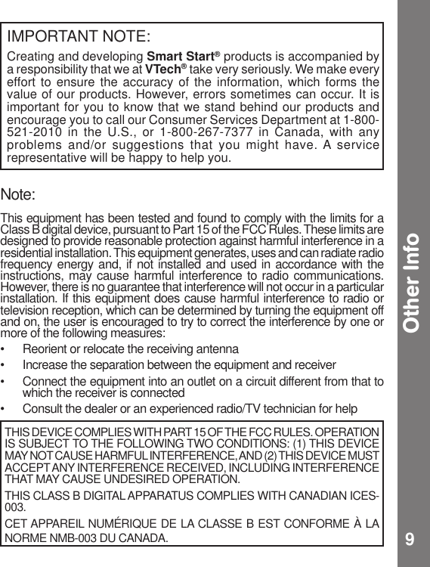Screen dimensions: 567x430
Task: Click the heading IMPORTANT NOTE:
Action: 79,36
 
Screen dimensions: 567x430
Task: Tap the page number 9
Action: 409,539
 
